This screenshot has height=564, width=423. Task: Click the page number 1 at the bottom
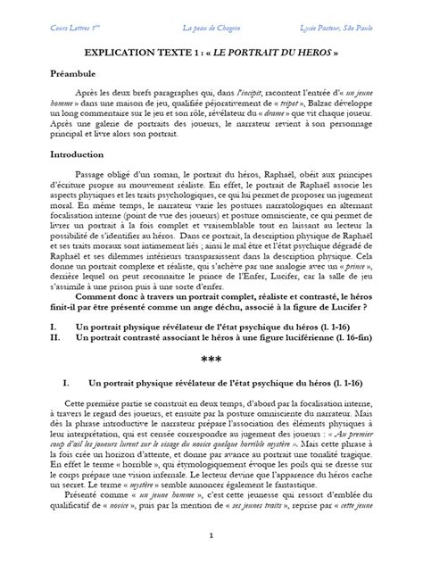coord(211,536)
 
